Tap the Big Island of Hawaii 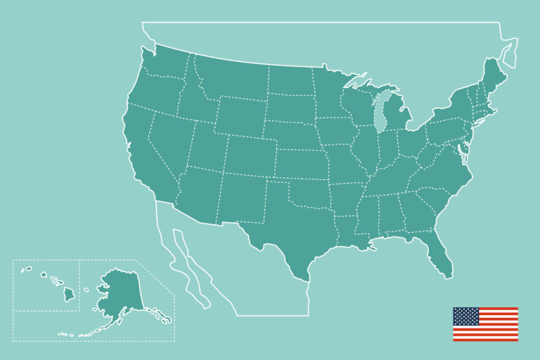click(x=69, y=294)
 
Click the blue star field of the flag click(x=465, y=316)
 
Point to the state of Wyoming click(x=239, y=116)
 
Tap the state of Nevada click(x=169, y=141)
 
